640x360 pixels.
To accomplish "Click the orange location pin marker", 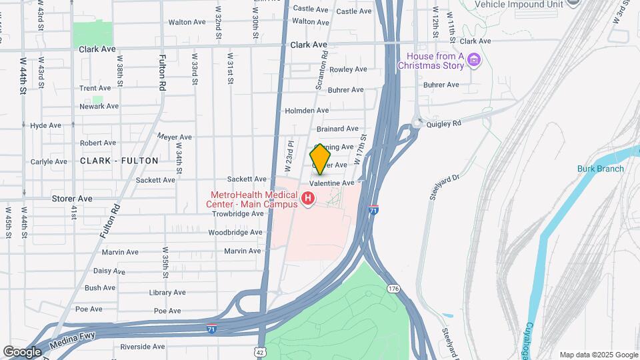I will [321, 159].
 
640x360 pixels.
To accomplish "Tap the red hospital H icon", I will [308, 198].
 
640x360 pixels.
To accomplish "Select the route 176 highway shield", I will [393, 287].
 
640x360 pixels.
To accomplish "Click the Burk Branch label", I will [600, 169].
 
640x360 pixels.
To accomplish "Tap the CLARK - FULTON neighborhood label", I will [119, 161].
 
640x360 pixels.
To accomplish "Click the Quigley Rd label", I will [447, 123].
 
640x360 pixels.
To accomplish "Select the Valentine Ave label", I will [331, 183].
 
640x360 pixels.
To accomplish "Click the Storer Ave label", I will [72, 198].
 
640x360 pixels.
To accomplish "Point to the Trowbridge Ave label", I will [238, 214].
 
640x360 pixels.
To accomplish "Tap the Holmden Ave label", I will [307, 110].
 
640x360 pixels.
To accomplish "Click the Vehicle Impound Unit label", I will [518, 3].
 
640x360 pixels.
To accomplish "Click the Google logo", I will [22, 351].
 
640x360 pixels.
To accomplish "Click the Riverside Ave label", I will [142, 347].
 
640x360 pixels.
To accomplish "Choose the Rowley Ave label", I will [348, 69].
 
